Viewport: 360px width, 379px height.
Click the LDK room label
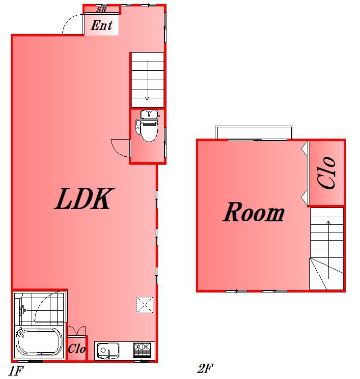coord(84,199)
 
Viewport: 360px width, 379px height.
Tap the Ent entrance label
coord(101,26)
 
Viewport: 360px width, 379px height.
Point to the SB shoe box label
coord(101,10)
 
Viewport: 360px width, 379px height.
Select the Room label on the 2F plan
coord(253,212)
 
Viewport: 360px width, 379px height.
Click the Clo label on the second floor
coord(327,173)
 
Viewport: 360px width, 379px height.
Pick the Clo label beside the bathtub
coord(77,349)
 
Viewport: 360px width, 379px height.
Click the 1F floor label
coord(16,371)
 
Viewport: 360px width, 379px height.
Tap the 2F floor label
coord(205,369)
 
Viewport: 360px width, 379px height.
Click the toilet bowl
coord(148,126)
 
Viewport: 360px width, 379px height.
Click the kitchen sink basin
coord(108,350)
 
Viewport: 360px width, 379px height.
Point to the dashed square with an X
coord(145,305)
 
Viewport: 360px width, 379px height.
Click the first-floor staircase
coord(147,80)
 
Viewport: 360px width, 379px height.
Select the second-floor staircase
coord(327,248)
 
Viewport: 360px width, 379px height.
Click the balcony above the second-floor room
coord(254,132)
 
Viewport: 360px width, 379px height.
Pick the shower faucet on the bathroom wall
coord(22,310)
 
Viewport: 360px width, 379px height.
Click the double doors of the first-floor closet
coord(77,331)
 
